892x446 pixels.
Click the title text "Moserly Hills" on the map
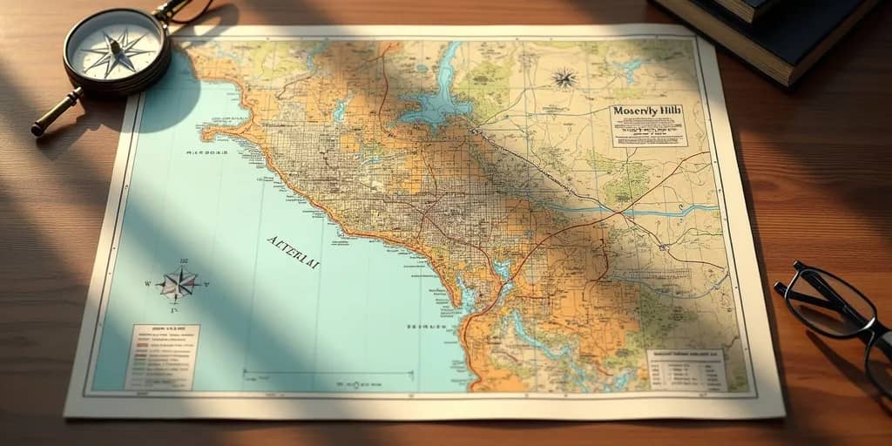647,111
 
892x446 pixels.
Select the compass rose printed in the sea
179,284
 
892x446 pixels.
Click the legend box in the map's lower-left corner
163,356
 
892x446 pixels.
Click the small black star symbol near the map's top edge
564,79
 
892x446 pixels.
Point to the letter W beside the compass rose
148,284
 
